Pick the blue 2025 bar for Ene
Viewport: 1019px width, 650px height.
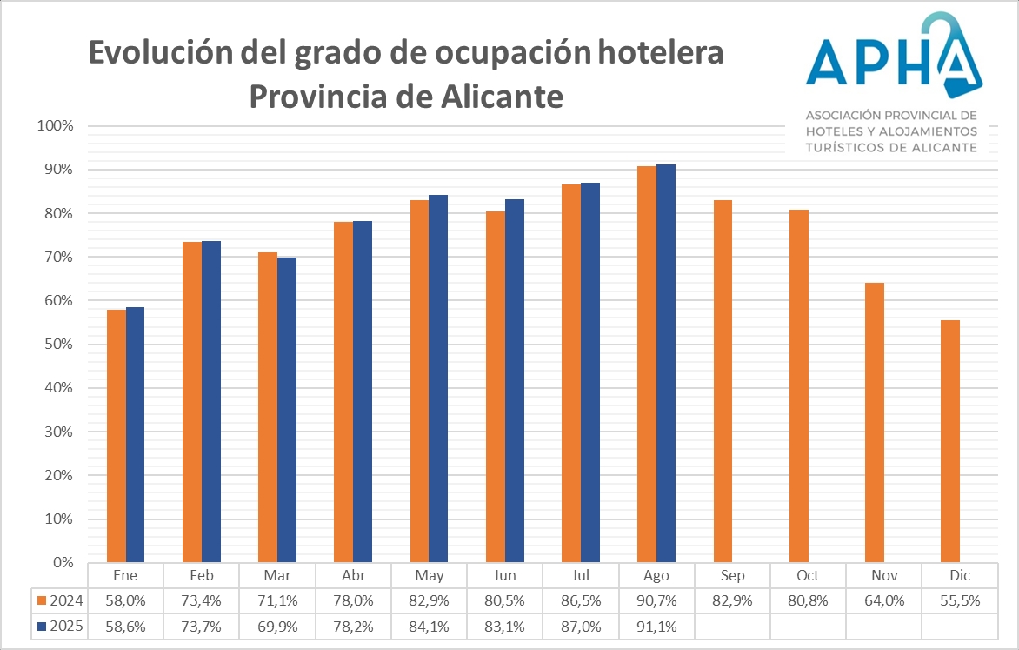click(x=135, y=434)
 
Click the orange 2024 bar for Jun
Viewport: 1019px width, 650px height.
click(x=495, y=386)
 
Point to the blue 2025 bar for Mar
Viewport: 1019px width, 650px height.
click(x=287, y=410)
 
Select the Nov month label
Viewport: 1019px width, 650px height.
click(x=882, y=576)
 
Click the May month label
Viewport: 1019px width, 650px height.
click(x=429, y=576)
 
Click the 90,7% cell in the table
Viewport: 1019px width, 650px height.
click(x=656, y=600)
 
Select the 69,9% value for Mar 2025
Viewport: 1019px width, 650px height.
click(x=277, y=625)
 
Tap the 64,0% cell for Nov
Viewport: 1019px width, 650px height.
click(x=882, y=600)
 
